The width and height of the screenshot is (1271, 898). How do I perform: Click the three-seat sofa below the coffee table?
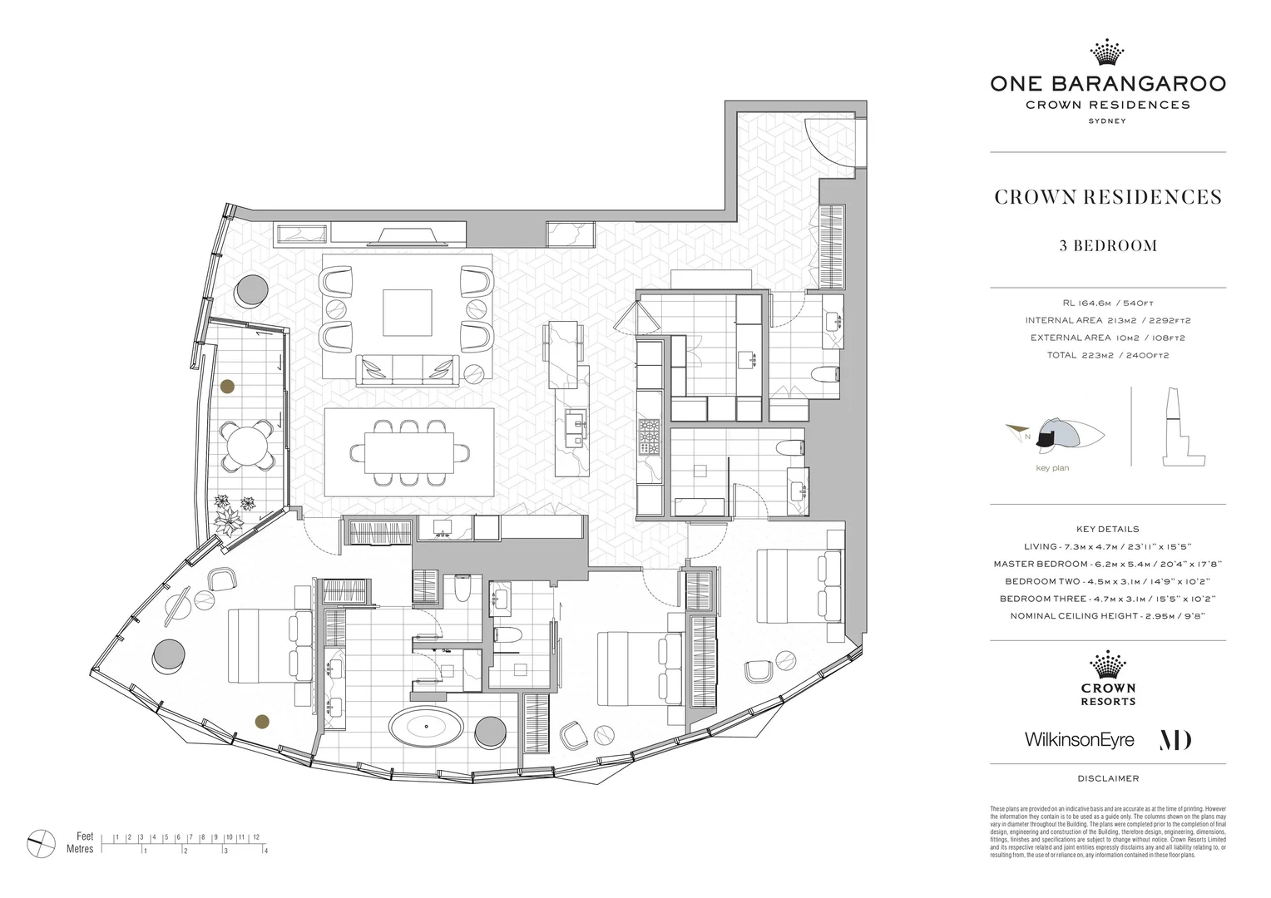coord(407,370)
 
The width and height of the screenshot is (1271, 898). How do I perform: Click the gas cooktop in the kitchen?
coord(649,438)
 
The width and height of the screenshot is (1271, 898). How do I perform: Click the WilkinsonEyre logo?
coord(1079,739)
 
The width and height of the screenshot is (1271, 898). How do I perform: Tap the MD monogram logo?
coord(1175,739)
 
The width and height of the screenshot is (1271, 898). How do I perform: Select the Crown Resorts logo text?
coord(1107,694)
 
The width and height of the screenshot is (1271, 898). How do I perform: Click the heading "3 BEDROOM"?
coord(1107,245)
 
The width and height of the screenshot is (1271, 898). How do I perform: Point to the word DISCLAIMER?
coord(1107,778)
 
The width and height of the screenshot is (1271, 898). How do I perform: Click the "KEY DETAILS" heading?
coord(1107,529)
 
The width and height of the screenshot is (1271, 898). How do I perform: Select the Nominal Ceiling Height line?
coord(1107,616)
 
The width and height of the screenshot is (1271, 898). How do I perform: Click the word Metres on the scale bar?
coord(80,850)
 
